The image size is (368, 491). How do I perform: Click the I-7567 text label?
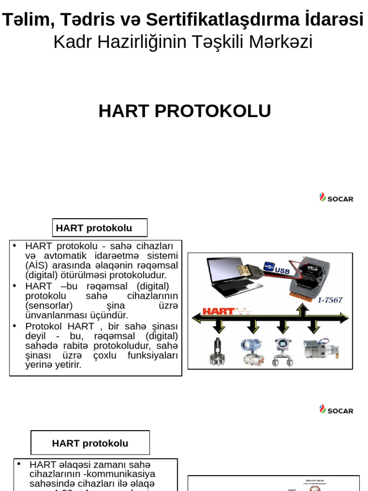[330, 300]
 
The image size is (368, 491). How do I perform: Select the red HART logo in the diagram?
[218, 311]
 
